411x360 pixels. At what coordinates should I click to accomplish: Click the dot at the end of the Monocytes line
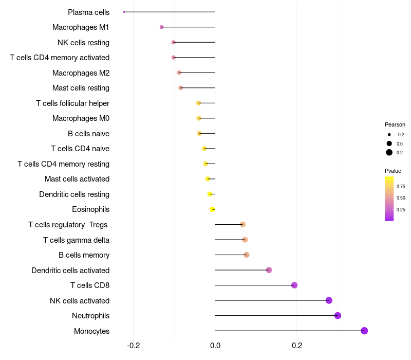coord(364,331)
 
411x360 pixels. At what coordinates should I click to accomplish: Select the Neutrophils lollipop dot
coord(338,316)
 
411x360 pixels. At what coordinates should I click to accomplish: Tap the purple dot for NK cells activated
coord(329,300)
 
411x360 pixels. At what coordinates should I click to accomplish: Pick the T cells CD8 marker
coord(294,285)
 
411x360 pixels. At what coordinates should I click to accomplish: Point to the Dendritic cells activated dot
coord(269,270)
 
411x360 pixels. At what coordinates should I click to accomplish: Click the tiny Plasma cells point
coord(124,12)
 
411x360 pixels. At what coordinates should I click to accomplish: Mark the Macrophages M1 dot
coord(162,27)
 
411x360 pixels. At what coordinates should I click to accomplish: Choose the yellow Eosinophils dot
coord(212,209)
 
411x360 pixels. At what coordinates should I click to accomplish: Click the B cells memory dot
coord(247,255)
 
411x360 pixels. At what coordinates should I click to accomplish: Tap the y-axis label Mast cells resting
coord(81,88)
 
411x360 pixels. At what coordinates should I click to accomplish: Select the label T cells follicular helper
coord(72,103)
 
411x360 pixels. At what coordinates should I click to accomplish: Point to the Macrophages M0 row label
coord(81,118)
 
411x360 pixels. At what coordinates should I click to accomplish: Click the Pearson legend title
coord(395,124)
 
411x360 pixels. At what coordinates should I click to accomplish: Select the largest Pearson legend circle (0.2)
coord(389,153)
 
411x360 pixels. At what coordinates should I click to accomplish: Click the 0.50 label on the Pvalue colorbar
coord(401,198)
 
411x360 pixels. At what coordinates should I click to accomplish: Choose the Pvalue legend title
coord(393,171)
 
